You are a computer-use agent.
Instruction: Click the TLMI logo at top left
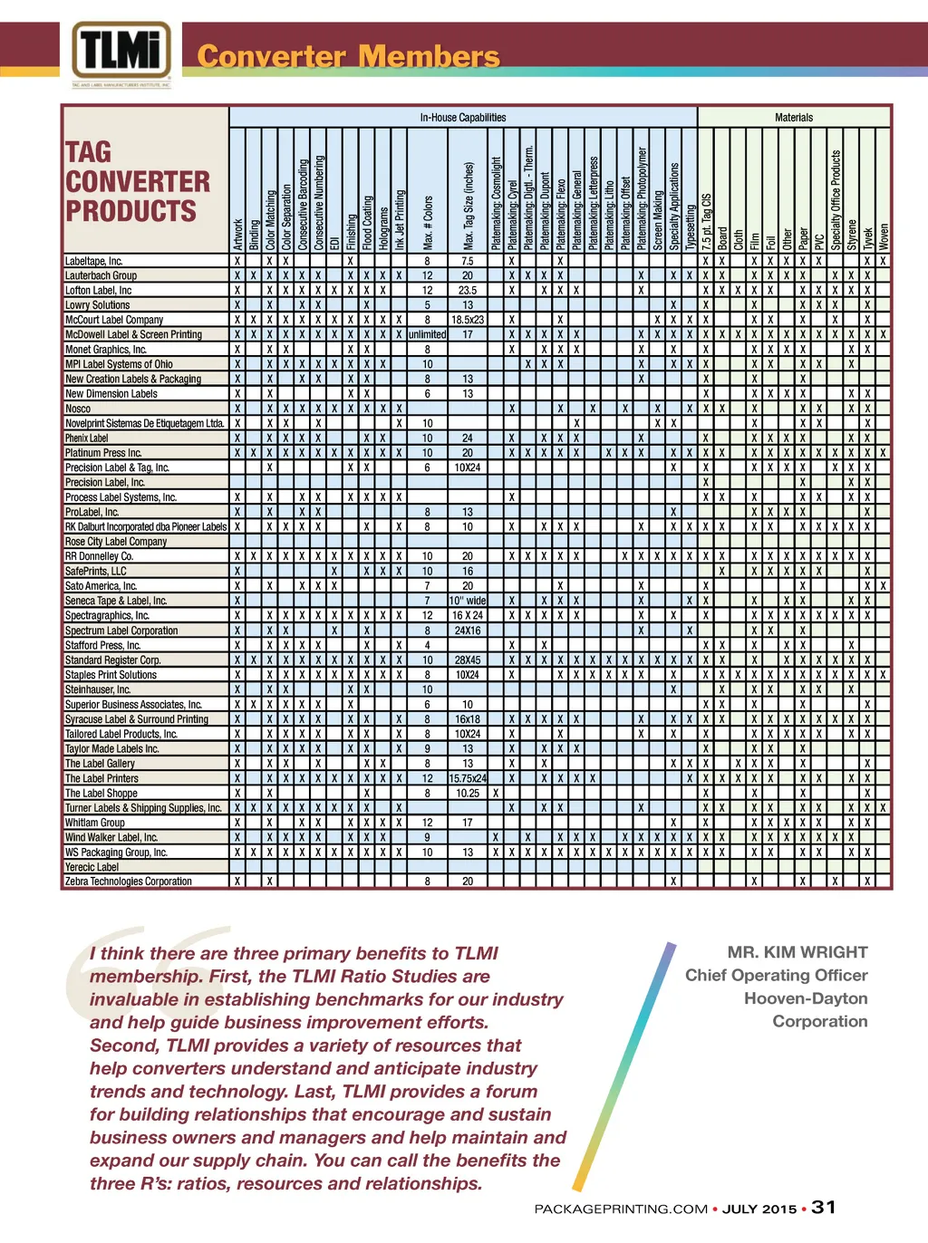[x=121, y=53]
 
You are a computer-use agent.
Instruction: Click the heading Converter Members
[x=348, y=57]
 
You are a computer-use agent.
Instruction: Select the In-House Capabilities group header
[x=462, y=118]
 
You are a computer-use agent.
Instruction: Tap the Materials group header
[x=794, y=118]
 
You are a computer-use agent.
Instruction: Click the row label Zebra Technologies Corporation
[x=129, y=882]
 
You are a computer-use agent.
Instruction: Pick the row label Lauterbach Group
[x=101, y=275]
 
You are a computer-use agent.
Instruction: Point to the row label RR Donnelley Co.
[x=99, y=556]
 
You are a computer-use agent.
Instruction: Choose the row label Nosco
[x=78, y=409]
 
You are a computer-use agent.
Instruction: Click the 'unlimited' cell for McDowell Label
[x=427, y=334]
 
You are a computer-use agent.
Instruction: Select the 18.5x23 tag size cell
[x=468, y=320]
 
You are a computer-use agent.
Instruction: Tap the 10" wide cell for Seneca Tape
[x=468, y=601]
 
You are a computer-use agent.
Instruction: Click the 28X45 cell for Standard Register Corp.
[x=468, y=660]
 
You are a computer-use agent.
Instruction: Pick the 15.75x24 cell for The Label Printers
[x=468, y=778]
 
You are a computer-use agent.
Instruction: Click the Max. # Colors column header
[x=428, y=223]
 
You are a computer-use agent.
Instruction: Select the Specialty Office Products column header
[x=836, y=199]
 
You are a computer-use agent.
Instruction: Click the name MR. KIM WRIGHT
[x=797, y=952]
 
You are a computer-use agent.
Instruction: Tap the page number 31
[x=824, y=1208]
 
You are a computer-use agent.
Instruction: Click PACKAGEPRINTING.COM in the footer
[x=621, y=1209]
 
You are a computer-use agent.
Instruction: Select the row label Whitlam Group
[x=95, y=823]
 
